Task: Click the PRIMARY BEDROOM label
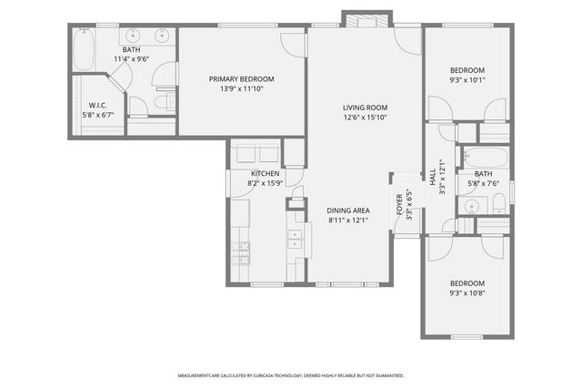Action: coord(241,79)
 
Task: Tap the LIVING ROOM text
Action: coord(365,107)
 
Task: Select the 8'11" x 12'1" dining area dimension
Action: coord(350,220)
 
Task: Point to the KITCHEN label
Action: coord(265,173)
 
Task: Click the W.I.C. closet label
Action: coord(98,105)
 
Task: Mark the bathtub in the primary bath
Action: coord(85,51)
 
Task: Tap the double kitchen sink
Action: coord(296,240)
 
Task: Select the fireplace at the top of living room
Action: coord(366,19)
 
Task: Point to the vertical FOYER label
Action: coord(399,205)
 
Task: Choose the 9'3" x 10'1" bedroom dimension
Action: coord(467,80)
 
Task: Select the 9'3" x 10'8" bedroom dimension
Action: coord(467,293)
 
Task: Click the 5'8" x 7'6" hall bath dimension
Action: coord(483,183)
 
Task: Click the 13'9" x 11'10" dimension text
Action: coord(241,89)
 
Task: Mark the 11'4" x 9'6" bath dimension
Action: coord(132,59)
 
